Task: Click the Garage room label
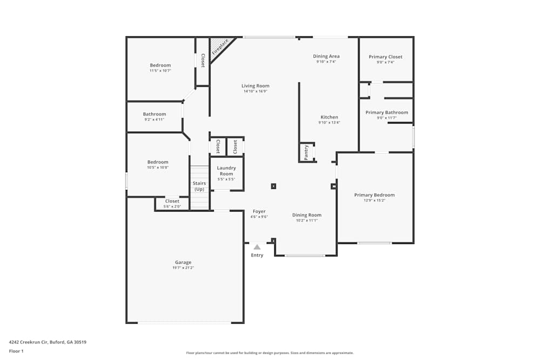(x=183, y=262)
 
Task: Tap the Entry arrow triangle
(x=257, y=247)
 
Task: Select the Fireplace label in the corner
(x=220, y=47)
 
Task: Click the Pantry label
(x=306, y=153)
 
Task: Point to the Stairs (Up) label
(x=199, y=186)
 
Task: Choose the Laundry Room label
(x=226, y=171)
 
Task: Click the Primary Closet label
(x=386, y=57)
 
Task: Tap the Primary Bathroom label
(x=387, y=112)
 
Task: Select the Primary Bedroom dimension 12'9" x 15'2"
(x=374, y=200)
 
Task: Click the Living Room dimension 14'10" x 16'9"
(x=255, y=91)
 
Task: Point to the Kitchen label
(x=329, y=117)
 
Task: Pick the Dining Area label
(x=326, y=56)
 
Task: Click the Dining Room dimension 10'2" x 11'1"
(x=307, y=220)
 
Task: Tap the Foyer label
(x=259, y=212)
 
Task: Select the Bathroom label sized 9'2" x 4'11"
(x=154, y=114)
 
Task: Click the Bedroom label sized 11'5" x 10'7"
(x=160, y=65)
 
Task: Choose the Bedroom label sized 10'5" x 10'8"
(x=158, y=162)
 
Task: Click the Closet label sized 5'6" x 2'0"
(x=172, y=201)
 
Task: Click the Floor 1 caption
(x=16, y=351)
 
